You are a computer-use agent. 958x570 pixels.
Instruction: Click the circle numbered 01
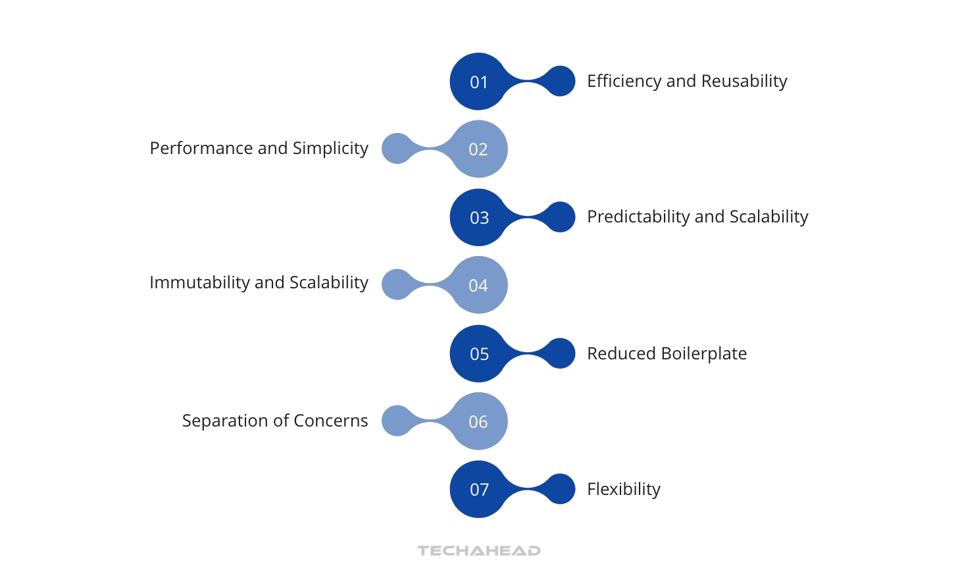point(478,82)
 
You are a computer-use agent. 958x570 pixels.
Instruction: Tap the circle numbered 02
point(478,149)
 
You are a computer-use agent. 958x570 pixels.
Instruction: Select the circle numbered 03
point(478,217)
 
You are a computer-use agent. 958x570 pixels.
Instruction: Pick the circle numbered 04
point(478,285)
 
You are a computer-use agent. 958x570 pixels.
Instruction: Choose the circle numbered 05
point(478,353)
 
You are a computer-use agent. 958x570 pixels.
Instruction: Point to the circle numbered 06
point(478,421)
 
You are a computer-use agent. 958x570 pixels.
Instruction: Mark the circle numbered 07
point(478,489)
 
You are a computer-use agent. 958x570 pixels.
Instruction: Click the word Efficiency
point(624,81)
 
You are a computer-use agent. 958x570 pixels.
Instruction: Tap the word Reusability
point(744,81)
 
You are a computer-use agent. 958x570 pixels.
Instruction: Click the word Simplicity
point(330,149)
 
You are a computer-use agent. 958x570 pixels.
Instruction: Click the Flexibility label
point(624,489)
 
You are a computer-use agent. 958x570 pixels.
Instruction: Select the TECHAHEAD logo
point(479,550)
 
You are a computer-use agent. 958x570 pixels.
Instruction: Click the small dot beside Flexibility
point(561,489)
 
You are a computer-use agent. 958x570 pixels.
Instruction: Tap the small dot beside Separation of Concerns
point(397,421)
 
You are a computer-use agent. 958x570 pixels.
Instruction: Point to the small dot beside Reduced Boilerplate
point(561,353)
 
